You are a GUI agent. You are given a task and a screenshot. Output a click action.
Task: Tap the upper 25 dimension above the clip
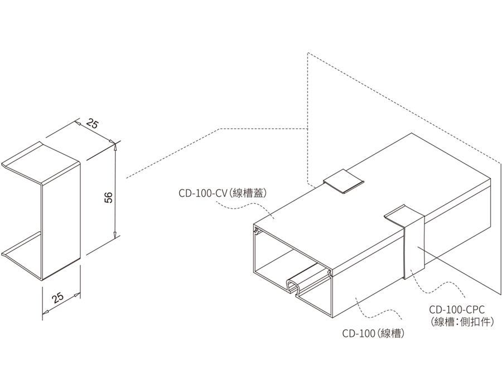point(93,125)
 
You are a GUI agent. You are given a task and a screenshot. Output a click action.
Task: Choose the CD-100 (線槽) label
point(373,334)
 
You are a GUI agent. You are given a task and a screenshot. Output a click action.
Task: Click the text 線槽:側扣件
point(463,321)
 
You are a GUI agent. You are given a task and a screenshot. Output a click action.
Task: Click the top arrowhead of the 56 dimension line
point(114,146)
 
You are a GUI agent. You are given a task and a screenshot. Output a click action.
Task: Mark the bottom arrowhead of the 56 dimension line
point(114,236)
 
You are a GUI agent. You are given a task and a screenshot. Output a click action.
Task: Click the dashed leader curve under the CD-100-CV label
point(240,208)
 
